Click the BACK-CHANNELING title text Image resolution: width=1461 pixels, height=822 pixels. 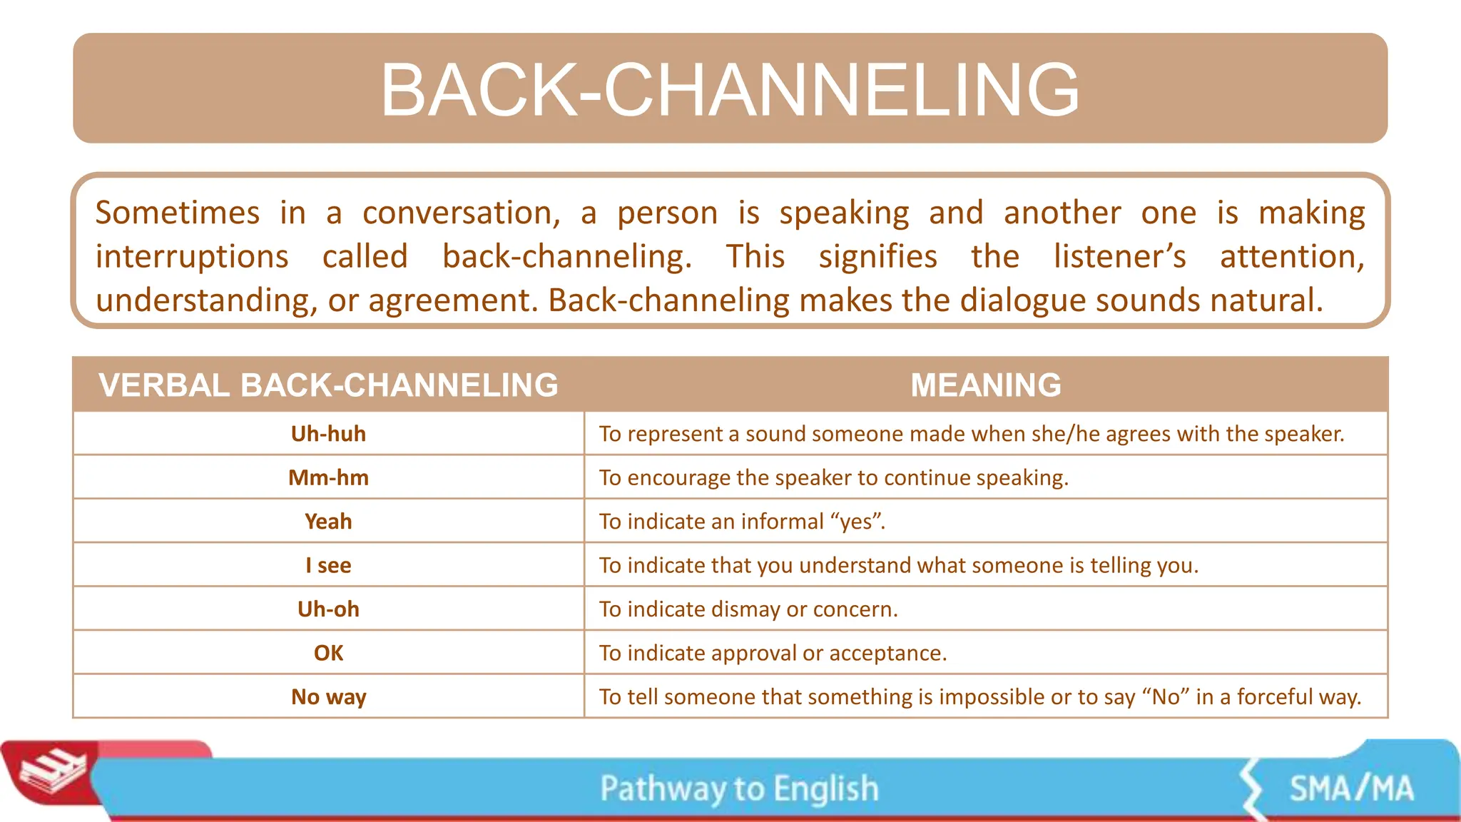tap(730, 90)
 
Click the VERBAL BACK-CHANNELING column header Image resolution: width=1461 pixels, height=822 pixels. tap(328, 385)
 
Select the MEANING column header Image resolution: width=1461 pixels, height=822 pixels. tap(986, 385)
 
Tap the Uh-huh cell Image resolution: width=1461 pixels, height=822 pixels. tap(328, 434)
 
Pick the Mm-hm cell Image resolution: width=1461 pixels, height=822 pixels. tap(328, 477)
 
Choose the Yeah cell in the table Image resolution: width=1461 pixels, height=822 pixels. tap(328, 522)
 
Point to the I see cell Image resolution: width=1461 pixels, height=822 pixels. tap(328, 565)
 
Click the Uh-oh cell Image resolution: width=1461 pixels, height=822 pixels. tap(328, 609)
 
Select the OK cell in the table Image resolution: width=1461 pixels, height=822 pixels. tap(328, 653)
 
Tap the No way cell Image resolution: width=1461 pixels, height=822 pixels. tap(328, 696)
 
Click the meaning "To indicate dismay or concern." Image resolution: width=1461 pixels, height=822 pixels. tap(748, 609)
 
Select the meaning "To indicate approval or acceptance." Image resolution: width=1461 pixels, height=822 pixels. tap(773, 653)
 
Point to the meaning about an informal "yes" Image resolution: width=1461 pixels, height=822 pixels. tap(742, 522)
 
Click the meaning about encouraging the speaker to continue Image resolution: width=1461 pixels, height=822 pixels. tap(833, 477)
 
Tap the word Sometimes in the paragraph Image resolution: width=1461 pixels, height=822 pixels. tap(178, 213)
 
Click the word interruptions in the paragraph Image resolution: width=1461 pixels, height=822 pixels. tap(192, 257)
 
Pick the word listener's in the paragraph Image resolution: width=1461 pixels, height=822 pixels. tap(1120, 257)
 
